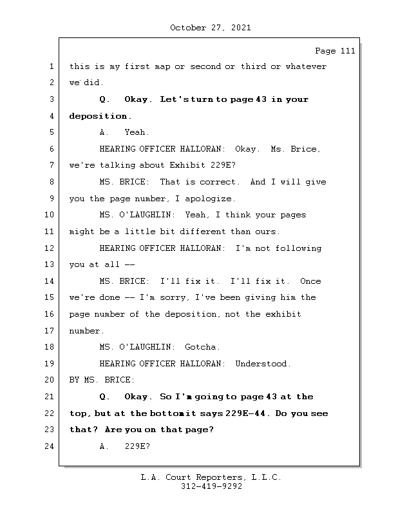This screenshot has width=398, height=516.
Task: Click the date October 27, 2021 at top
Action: click(211, 28)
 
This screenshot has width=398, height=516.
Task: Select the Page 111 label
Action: click(335, 51)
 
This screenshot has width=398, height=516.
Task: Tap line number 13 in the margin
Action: click(49, 264)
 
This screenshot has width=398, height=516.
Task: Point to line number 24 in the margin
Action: click(49, 446)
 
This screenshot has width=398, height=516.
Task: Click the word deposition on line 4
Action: click(98, 116)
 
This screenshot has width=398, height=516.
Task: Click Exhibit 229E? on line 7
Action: click(203, 165)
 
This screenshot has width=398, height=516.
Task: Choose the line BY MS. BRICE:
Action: click(102, 380)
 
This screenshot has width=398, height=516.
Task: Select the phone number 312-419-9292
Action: click(211, 486)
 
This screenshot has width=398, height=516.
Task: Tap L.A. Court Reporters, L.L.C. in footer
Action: click(211, 477)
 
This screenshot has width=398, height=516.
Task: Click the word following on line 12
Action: click(298, 248)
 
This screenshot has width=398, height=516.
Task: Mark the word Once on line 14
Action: click(310, 281)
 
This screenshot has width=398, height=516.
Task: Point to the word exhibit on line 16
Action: click(283, 314)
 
